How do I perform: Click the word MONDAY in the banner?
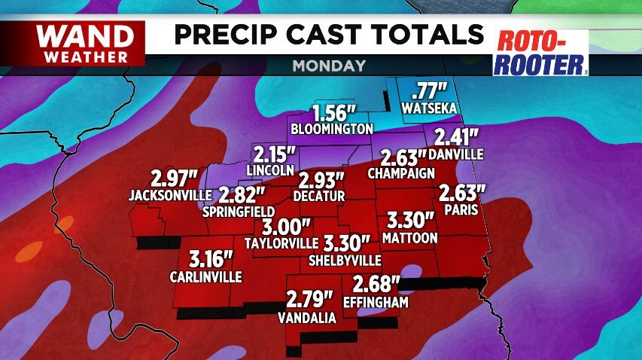[x=329, y=66]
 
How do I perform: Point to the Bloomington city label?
[x=333, y=127]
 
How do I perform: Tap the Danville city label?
[x=455, y=154]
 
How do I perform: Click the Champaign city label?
[x=401, y=173]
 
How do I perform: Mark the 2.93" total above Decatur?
[x=321, y=181]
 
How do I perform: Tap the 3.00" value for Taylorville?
[x=285, y=227]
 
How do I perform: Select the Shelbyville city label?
[x=345, y=260]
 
